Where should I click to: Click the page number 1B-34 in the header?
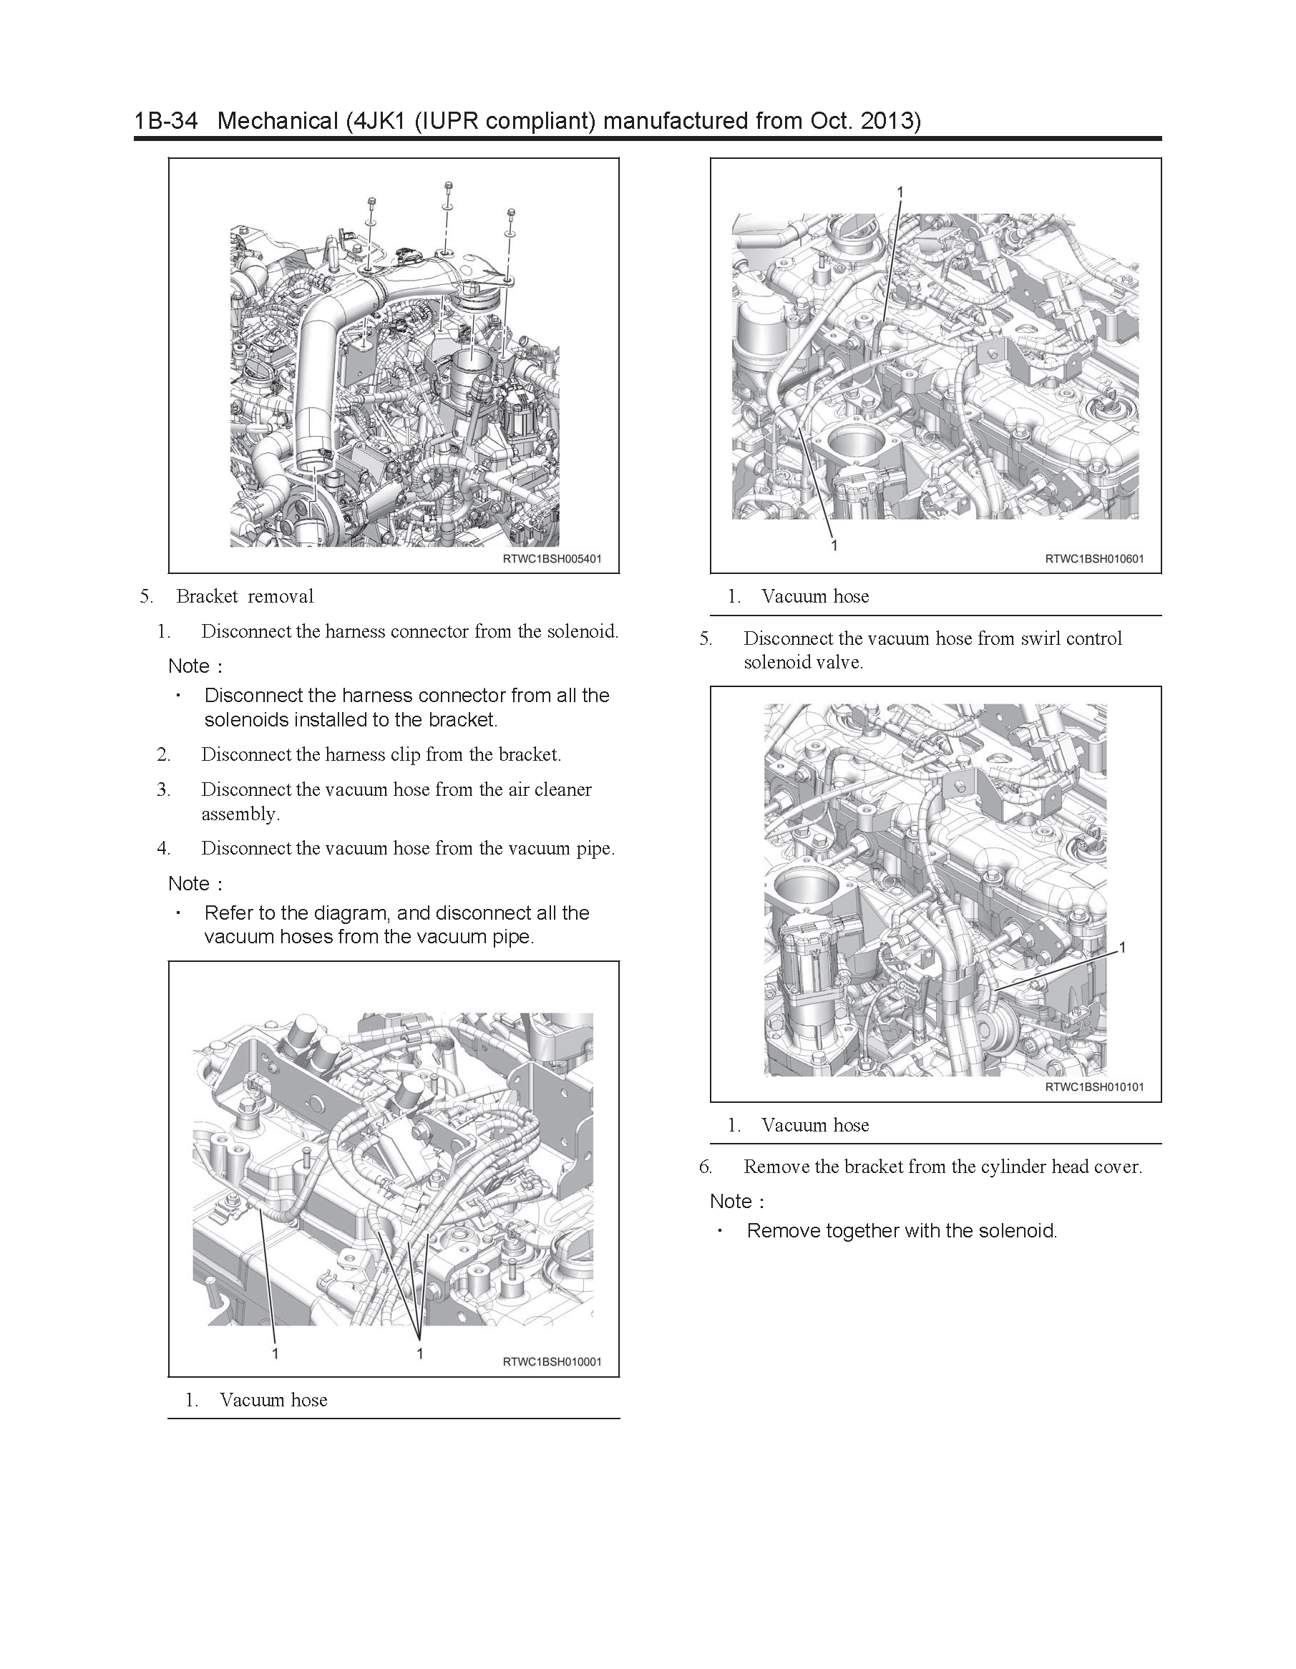(x=166, y=121)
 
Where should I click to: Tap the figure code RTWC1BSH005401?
(x=552, y=559)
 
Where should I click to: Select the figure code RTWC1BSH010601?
(x=1094, y=559)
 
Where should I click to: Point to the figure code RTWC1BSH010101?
(x=1094, y=1086)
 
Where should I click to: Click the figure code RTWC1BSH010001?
(x=552, y=1362)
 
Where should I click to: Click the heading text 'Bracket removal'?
(x=245, y=596)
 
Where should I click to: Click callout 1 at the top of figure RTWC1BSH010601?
(x=900, y=191)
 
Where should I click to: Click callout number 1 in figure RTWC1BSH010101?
(x=1122, y=948)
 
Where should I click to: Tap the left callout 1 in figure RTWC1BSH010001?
(x=275, y=1353)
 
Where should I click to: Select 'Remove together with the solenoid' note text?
(x=902, y=1230)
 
